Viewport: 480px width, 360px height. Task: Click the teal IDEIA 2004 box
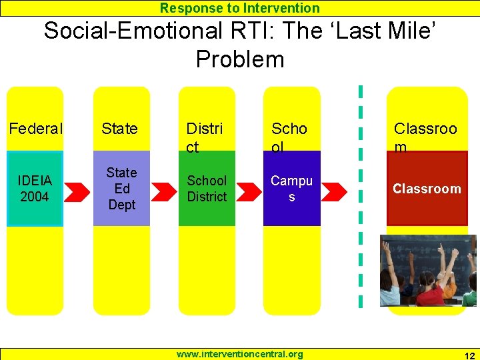point(35,189)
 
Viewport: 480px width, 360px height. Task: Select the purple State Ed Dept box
point(121,189)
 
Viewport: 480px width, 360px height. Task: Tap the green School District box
point(207,189)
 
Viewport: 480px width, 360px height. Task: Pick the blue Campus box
point(291,189)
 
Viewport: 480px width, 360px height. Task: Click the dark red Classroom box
point(427,189)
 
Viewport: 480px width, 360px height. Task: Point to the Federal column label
point(35,128)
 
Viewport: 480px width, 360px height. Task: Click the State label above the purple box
point(120,128)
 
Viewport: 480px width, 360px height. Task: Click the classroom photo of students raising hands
point(428,270)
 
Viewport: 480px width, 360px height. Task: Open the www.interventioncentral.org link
point(239,354)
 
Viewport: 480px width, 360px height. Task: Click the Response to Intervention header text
point(239,8)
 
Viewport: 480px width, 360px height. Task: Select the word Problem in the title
point(239,59)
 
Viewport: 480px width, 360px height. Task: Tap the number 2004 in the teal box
point(35,197)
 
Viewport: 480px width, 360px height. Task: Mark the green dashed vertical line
point(361,197)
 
